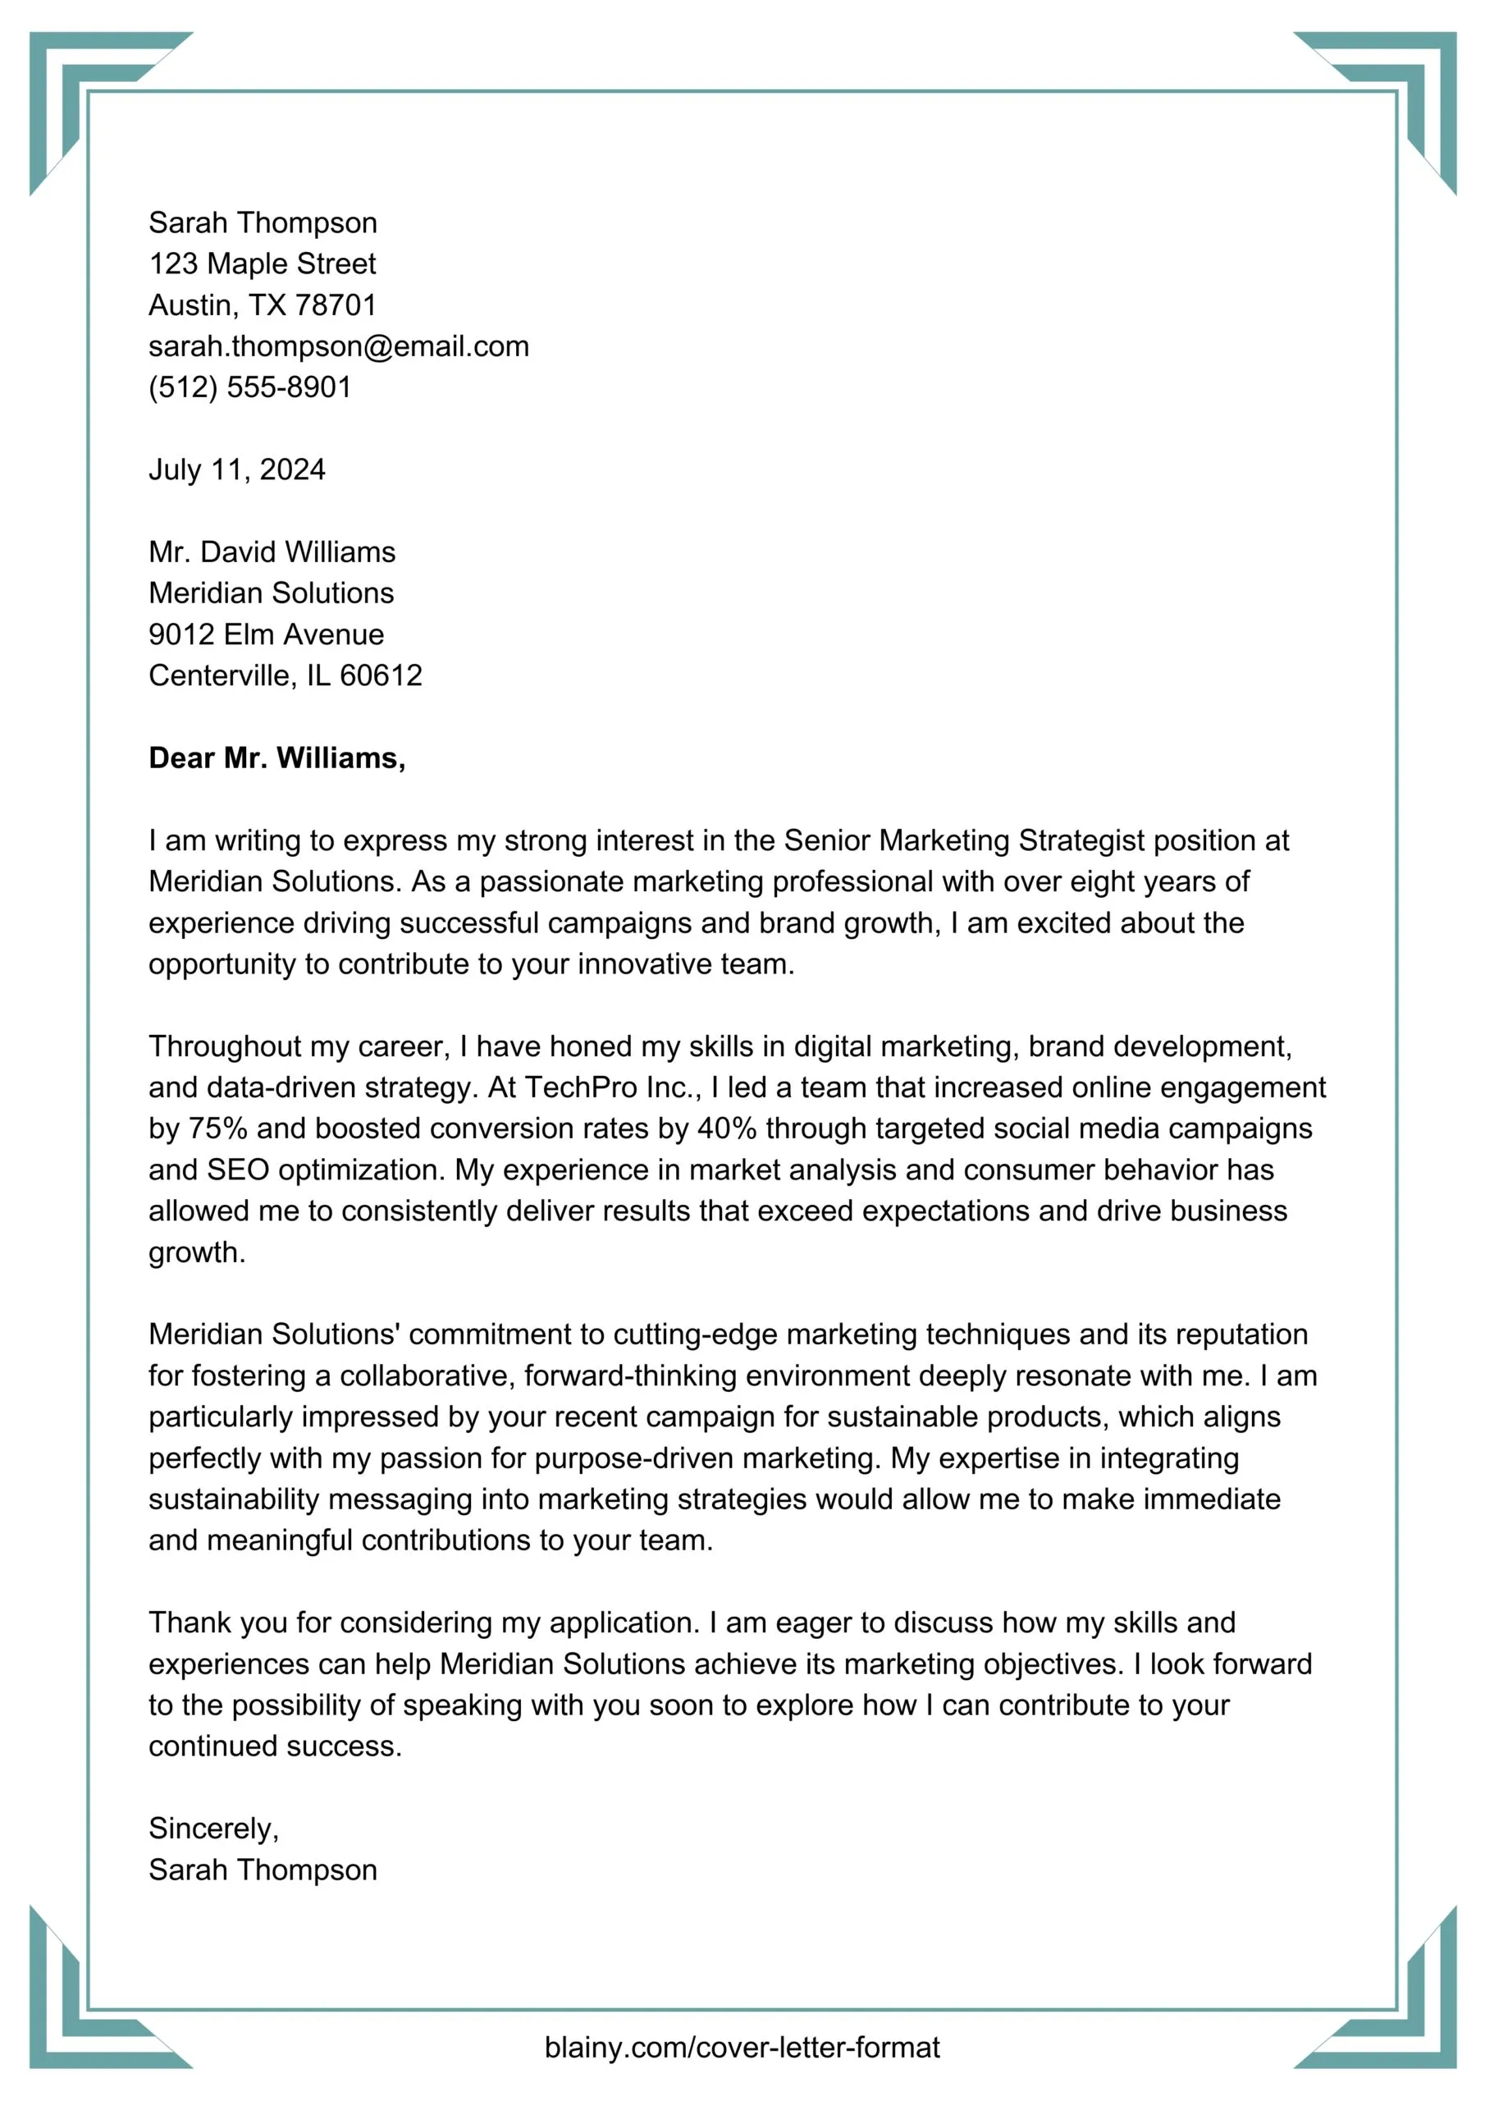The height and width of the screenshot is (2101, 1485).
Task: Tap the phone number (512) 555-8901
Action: (x=249, y=387)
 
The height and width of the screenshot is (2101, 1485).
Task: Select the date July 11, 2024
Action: (x=237, y=469)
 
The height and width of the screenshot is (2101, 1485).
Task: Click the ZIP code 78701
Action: (x=335, y=304)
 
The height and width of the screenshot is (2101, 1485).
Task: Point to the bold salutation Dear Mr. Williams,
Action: (x=276, y=758)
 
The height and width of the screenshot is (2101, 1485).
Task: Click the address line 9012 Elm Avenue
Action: (x=267, y=634)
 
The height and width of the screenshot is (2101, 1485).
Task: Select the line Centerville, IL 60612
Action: (x=286, y=675)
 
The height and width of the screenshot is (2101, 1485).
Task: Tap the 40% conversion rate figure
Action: (x=726, y=1128)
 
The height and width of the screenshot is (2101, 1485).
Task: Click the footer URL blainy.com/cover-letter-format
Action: (x=742, y=2047)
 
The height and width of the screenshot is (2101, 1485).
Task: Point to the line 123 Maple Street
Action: (x=263, y=263)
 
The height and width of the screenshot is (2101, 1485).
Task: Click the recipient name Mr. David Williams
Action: (x=272, y=552)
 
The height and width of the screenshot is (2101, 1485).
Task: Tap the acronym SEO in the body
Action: (x=238, y=1170)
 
